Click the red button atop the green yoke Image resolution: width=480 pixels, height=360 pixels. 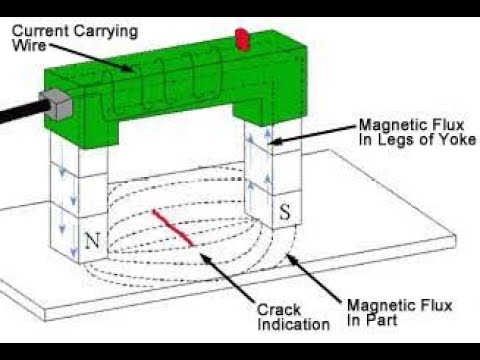[x=242, y=38]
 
